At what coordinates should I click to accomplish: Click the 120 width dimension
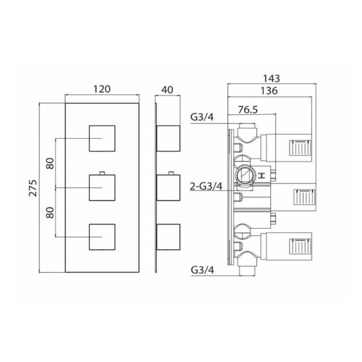click(102, 89)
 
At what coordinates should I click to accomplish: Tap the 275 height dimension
click(33, 188)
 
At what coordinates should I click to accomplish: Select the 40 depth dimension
click(167, 90)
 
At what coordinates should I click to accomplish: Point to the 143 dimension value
click(271, 78)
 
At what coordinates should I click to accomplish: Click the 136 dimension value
click(269, 91)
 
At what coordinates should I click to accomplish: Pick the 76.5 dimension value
click(248, 110)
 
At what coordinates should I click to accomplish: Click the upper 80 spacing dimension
click(50, 164)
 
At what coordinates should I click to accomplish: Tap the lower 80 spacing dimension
click(50, 212)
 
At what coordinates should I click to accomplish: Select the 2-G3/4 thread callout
click(206, 186)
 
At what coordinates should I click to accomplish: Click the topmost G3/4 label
click(202, 117)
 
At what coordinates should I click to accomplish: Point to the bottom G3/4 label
click(203, 270)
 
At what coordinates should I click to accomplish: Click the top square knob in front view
click(102, 139)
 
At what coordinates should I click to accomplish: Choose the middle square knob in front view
click(102, 188)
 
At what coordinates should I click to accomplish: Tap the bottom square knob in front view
click(102, 237)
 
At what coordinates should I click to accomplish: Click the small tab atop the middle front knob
click(102, 173)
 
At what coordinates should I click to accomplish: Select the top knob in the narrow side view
click(168, 139)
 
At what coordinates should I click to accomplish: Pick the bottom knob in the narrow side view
click(168, 237)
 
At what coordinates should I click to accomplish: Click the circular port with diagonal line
click(246, 175)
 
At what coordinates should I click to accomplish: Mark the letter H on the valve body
click(261, 176)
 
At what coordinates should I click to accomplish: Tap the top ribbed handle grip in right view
click(300, 148)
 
